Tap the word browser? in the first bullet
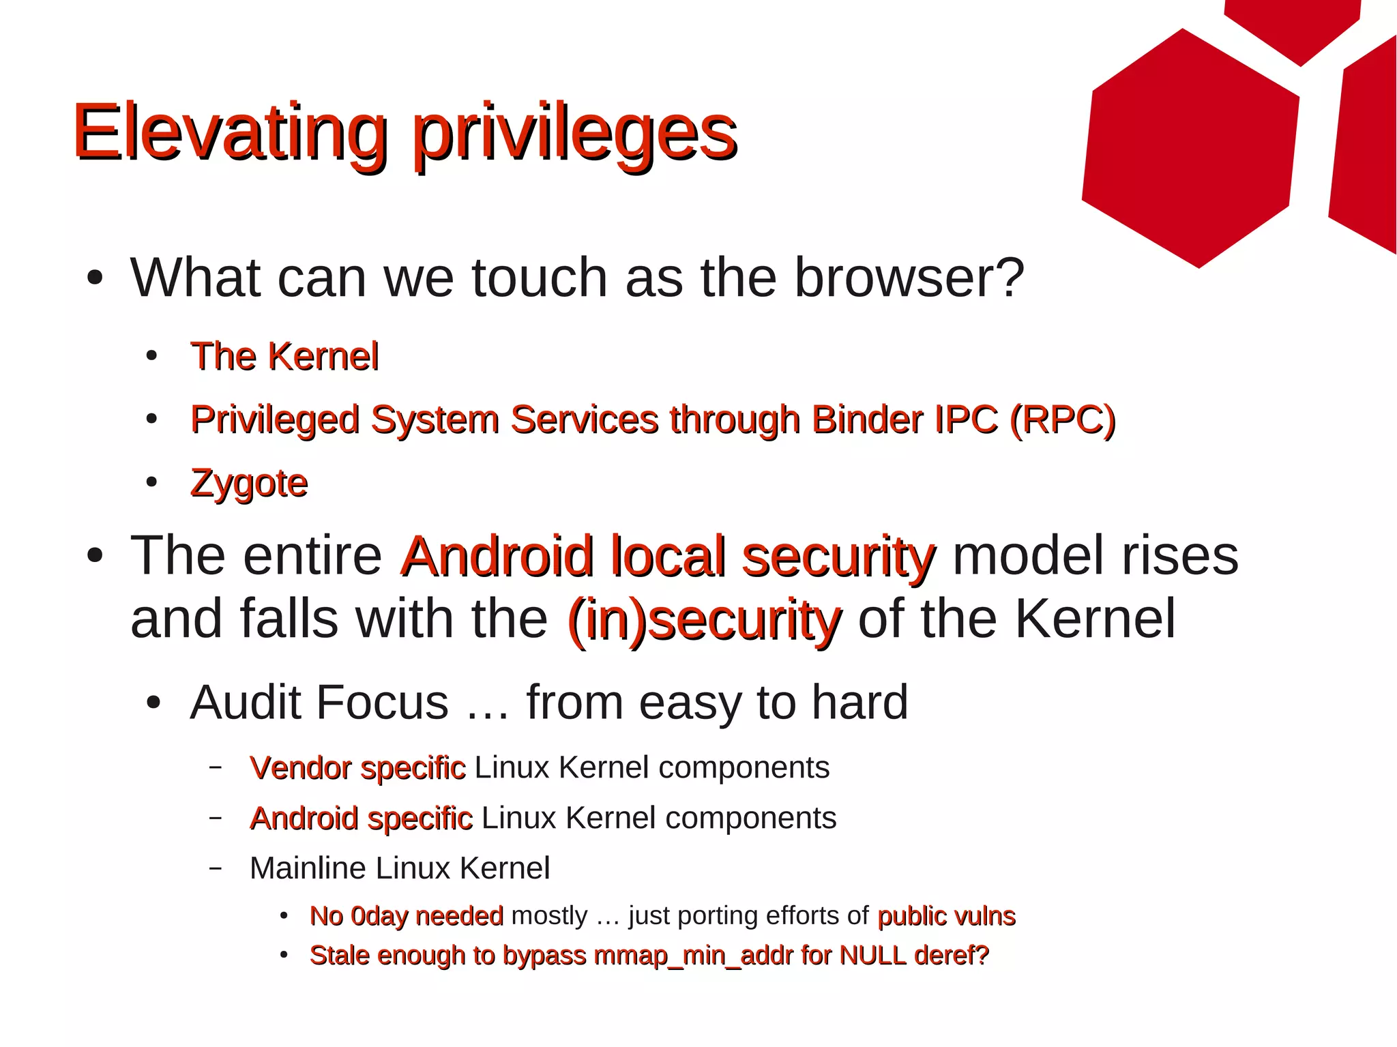pyautogui.click(x=909, y=278)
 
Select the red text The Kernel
pyautogui.click(x=284, y=356)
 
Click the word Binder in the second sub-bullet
pyautogui.click(x=866, y=419)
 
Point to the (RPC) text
pyautogui.click(x=1062, y=419)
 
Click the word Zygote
pyautogui.click(x=249, y=483)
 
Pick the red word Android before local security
pyautogui.click(x=497, y=556)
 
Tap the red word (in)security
pyautogui.click(x=703, y=619)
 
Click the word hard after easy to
pyautogui.click(x=859, y=702)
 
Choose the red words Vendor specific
pyautogui.click(x=357, y=767)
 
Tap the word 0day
pyautogui.click(x=379, y=916)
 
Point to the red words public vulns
pyautogui.click(x=946, y=916)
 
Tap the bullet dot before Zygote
pyautogui.click(x=151, y=482)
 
